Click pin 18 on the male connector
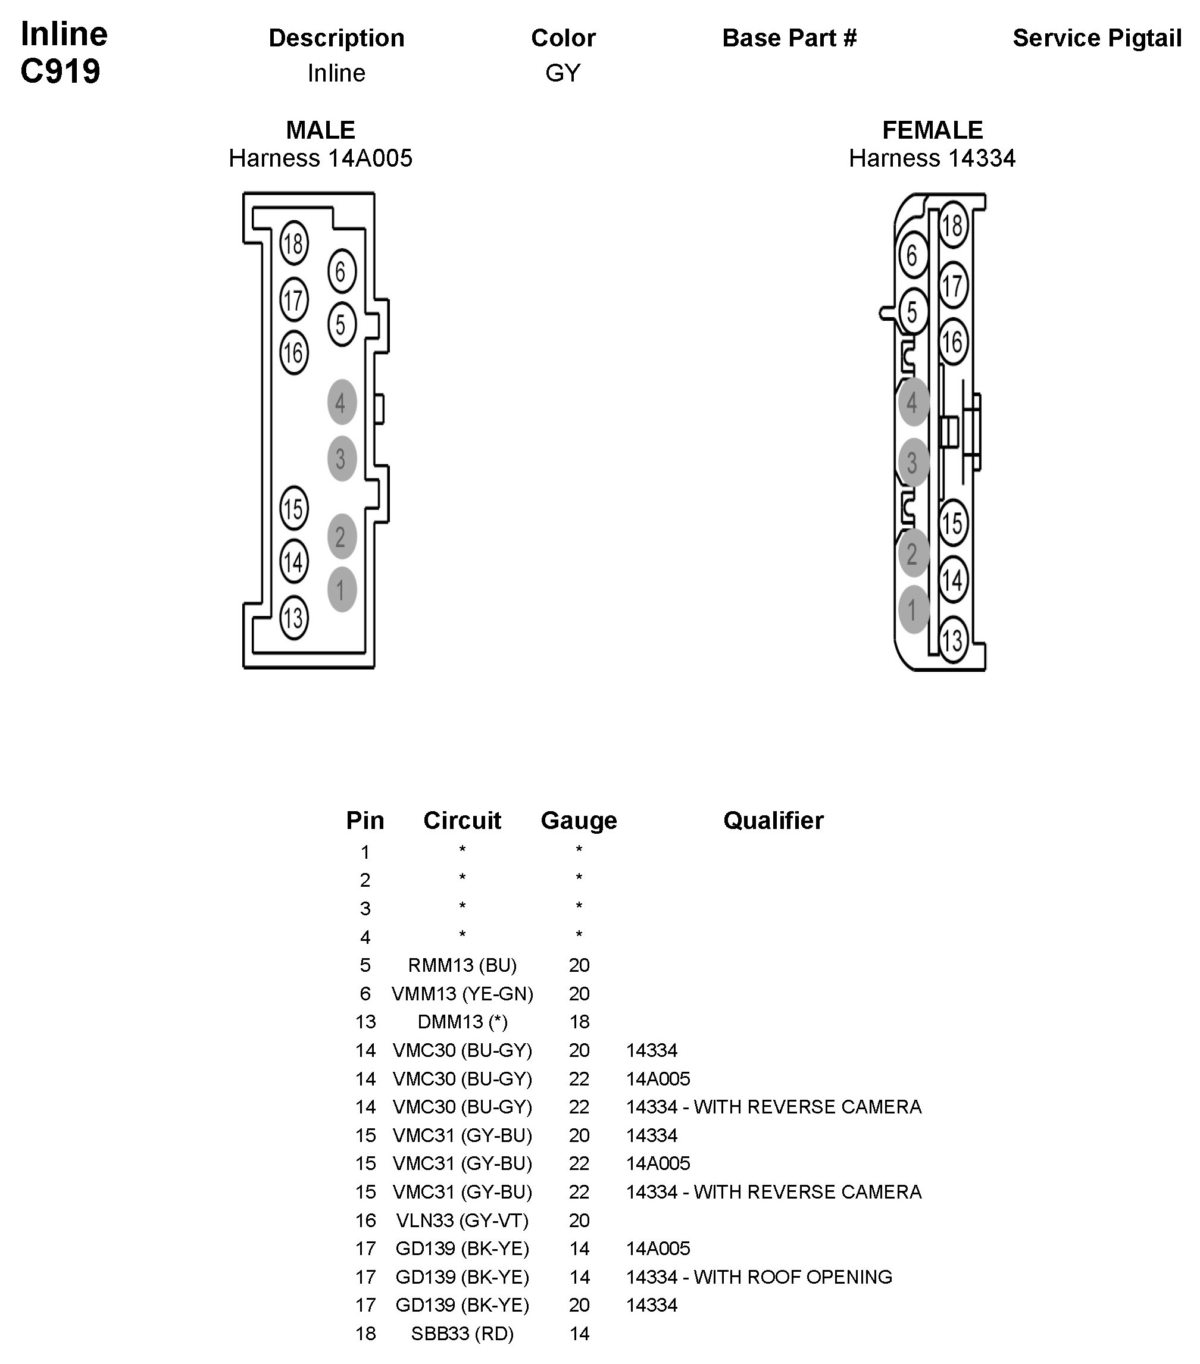point(293,243)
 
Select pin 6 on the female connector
point(912,255)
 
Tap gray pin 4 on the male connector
point(341,402)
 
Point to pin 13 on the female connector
point(952,640)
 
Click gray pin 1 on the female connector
point(912,609)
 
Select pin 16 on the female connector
point(952,342)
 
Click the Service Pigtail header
point(1096,38)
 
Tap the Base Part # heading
point(789,38)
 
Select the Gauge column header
point(579,820)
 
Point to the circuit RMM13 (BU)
point(462,965)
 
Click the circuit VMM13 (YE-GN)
point(462,994)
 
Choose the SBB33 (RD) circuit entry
point(462,1333)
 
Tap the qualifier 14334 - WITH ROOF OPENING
point(759,1277)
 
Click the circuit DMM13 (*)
point(462,1022)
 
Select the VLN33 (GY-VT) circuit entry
point(462,1220)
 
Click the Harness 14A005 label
point(320,158)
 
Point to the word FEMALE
point(932,130)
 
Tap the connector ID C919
point(60,71)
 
